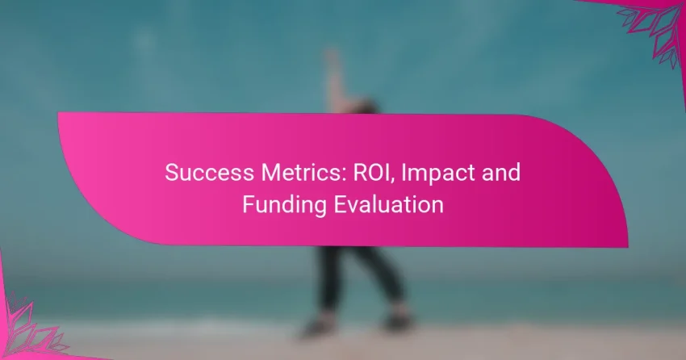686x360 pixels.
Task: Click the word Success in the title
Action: pyautogui.click(x=210, y=173)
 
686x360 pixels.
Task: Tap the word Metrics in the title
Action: pyautogui.click(x=301, y=173)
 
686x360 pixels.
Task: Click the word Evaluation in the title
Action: pyautogui.click(x=388, y=204)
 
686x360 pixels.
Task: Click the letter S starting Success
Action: pyautogui.click(x=172, y=173)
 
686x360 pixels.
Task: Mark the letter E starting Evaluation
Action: pyautogui.click(x=340, y=204)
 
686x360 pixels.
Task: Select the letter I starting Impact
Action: pyautogui.click(x=404, y=173)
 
